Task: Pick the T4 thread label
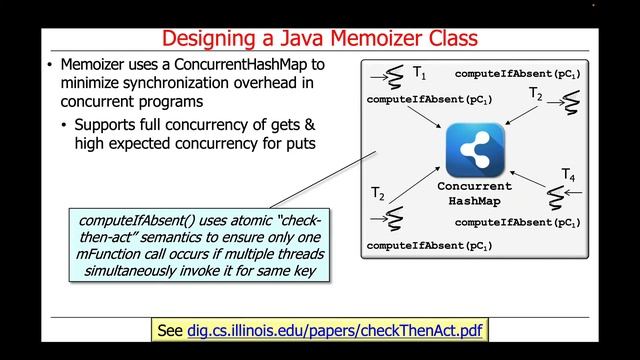pyautogui.click(x=567, y=175)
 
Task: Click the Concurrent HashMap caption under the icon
pyautogui.click(x=474, y=194)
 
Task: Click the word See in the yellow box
pyautogui.click(x=172, y=330)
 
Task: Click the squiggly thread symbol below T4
pyautogui.click(x=561, y=198)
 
